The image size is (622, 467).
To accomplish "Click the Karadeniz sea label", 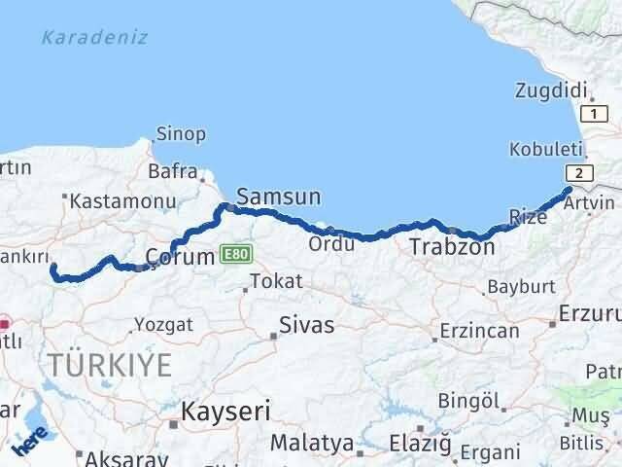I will coord(95,38).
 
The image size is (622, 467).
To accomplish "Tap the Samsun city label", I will coord(278,197).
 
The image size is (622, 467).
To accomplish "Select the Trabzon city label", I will coord(452,247).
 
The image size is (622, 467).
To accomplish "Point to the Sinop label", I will coord(182,133).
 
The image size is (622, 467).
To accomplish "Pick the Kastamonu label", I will coord(121,202).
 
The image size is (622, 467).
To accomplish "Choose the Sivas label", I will coord(306,325).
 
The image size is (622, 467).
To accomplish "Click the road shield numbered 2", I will coord(578,172).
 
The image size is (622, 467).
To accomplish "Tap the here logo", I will coord(29,440).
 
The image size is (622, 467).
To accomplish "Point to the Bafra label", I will coord(172,171).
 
